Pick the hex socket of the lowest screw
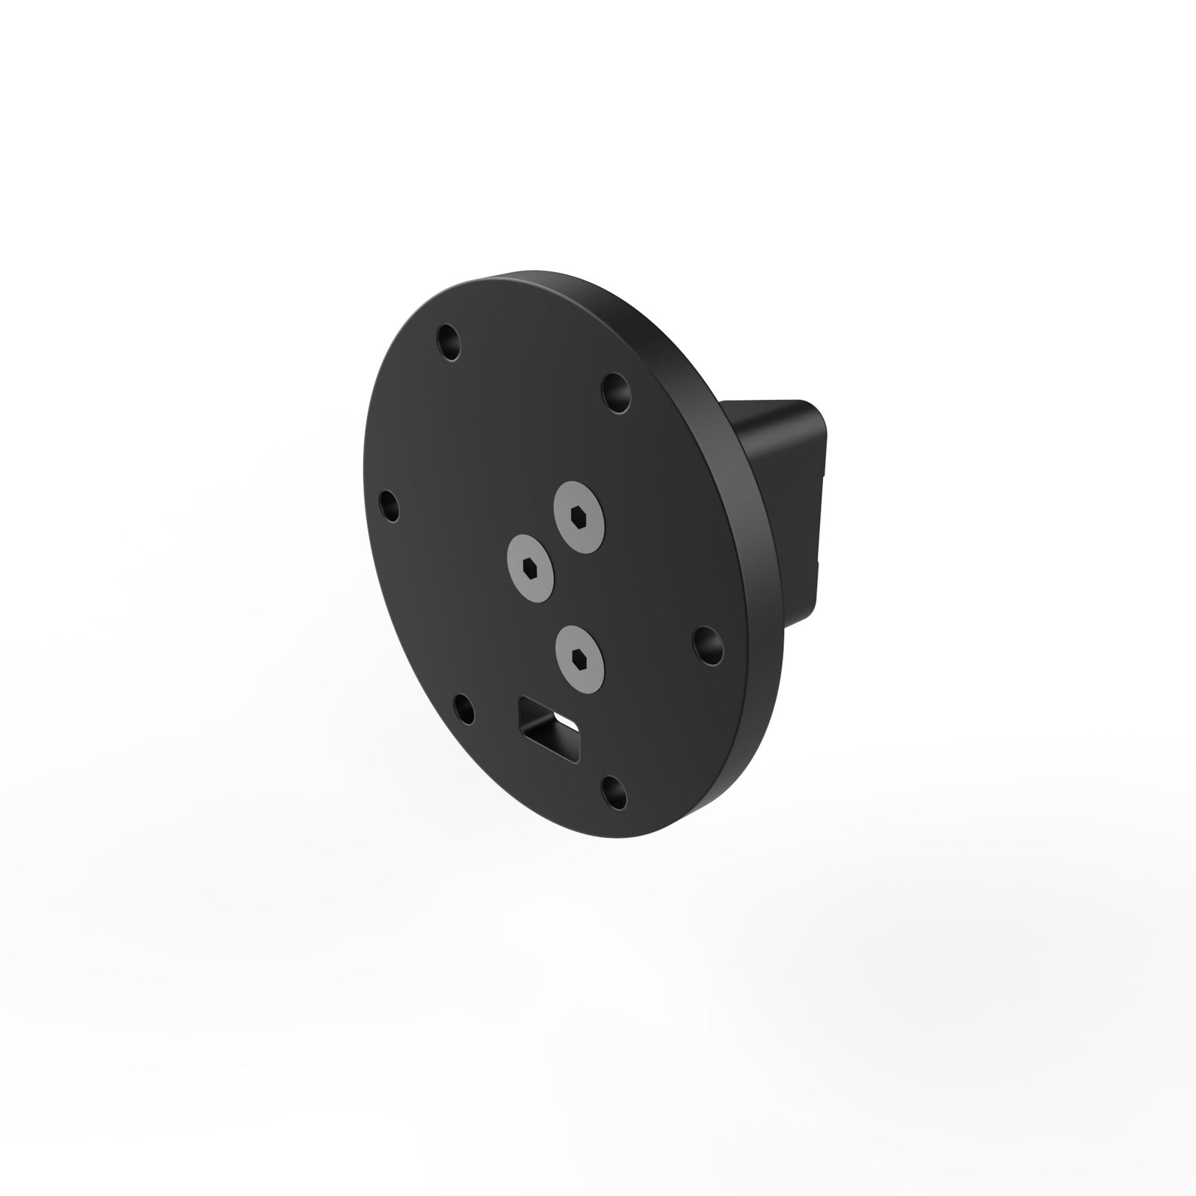(579, 656)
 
